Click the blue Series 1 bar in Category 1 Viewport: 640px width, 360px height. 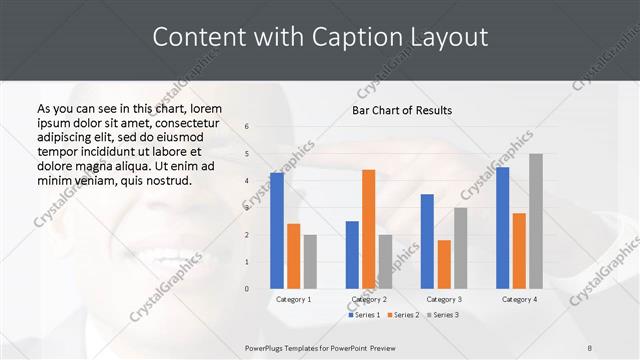277,231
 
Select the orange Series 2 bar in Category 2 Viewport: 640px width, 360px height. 368,229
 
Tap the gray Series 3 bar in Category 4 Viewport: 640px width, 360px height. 536,221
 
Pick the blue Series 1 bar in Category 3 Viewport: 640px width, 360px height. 427,241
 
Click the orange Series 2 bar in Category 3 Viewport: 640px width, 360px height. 444,264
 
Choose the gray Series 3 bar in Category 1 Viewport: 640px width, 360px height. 310,262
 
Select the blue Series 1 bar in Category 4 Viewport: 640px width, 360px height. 502,228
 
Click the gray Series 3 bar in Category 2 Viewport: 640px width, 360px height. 385,262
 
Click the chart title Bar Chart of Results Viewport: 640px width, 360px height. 402,110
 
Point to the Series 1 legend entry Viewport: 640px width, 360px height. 364,315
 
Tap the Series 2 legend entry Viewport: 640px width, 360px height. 402,315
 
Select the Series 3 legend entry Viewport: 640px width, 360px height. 441,315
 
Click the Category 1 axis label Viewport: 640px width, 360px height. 293,299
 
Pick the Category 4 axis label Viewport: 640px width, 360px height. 519,299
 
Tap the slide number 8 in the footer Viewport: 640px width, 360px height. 590,347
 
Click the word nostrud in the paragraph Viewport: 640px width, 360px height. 163,180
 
